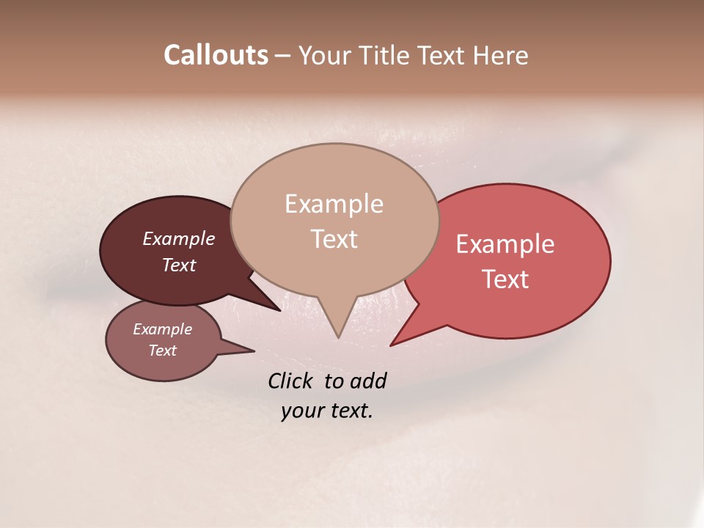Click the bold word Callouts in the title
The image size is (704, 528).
tap(216, 55)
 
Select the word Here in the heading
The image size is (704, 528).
tap(499, 55)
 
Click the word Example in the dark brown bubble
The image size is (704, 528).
tap(179, 239)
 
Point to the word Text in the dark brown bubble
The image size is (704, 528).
tap(179, 265)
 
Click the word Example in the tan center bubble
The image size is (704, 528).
tap(334, 204)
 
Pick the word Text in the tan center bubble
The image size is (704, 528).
tap(334, 239)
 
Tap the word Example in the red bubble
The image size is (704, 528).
tap(505, 244)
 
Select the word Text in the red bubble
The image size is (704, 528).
tap(505, 279)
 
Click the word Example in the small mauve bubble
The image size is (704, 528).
tap(163, 330)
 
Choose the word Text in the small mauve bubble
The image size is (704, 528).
tap(163, 351)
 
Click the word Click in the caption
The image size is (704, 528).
tap(290, 381)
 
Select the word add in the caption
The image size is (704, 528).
tap(369, 381)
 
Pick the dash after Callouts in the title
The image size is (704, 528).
tap(283, 56)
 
